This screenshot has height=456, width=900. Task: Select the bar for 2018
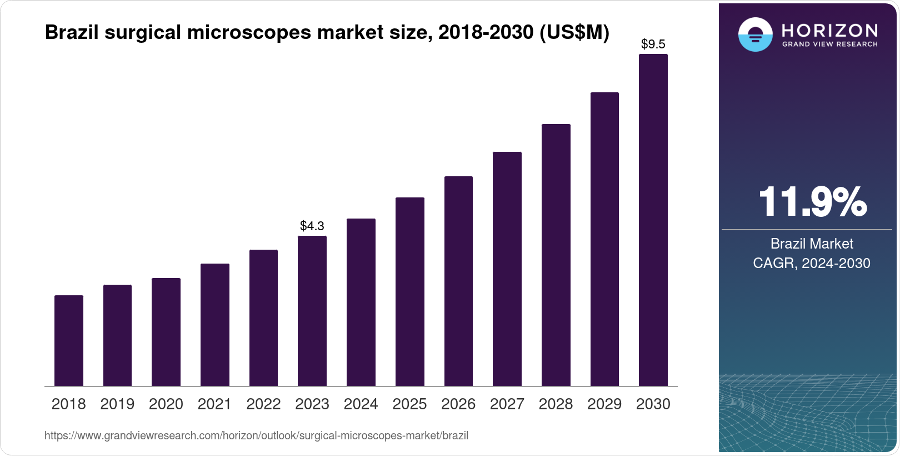coord(69,340)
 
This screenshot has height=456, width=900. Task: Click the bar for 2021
coord(215,325)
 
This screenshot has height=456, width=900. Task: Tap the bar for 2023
coord(312,311)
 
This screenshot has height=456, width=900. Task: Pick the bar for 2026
coord(458,281)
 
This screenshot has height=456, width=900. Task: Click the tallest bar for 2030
coord(653,220)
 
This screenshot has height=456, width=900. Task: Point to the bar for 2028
coord(556,255)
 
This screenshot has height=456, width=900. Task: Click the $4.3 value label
coord(312,226)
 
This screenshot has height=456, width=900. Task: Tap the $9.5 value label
coord(653,44)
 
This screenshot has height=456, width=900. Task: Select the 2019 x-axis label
coord(117,404)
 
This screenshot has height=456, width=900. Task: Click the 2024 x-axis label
coord(361,404)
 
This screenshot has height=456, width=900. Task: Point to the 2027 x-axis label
coord(507,404)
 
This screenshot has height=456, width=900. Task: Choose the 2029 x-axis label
coord(604,404)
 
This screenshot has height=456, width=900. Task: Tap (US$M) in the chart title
coord(574,33)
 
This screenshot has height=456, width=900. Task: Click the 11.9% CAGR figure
coord(812,202)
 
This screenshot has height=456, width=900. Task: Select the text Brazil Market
coord(812,244)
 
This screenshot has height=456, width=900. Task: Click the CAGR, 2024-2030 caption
coord(812,263)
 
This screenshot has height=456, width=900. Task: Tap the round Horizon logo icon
coord(755,34)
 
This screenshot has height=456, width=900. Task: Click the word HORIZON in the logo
coord(829,30)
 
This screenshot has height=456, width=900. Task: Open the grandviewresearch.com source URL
coord(256,436)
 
